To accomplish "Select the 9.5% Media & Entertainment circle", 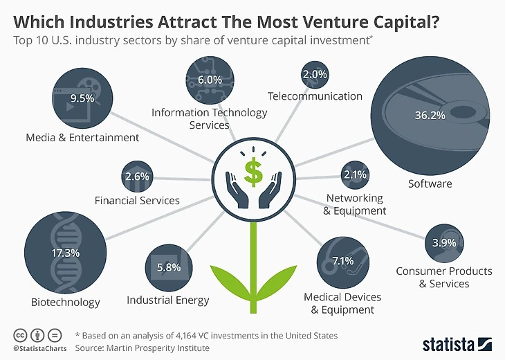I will tap(82, 98).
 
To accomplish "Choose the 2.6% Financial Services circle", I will tap(137, 177).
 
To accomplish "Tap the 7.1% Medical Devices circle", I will tap(343, 261).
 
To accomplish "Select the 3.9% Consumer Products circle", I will tap(443, 242).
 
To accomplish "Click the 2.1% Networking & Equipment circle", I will tap(355, 175).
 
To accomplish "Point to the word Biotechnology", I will tap(66, 302).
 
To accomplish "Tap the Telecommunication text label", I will tap(315, 96).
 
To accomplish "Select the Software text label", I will tap(430, 183).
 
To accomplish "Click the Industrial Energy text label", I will tap(168, 300).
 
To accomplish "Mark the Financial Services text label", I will tap(137, 201).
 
